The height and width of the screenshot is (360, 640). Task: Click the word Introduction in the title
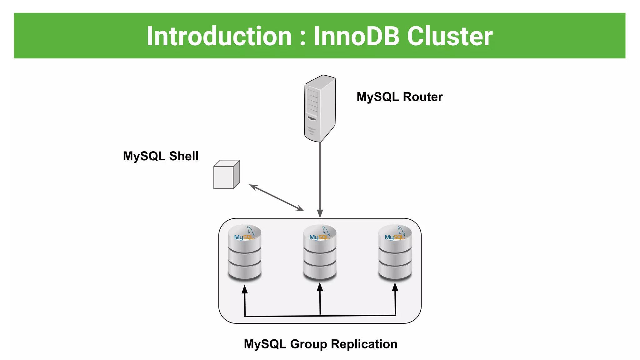point(219,36)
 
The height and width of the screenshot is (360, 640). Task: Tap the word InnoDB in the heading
point(357,36)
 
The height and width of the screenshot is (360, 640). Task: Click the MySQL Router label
point(399,97)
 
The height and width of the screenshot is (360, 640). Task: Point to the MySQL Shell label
point(161,156)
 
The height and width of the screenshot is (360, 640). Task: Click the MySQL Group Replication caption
point(320,344)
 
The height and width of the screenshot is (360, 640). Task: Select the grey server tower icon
point(320,108)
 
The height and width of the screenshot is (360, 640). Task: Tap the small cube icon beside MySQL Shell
point(226,175)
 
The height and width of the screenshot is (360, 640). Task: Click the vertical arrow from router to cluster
point(320,178)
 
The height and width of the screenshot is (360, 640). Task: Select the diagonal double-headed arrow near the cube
point(277,197)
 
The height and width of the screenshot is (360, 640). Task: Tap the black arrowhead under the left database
point(245,289)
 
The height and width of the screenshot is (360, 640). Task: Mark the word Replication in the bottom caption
point(364,344)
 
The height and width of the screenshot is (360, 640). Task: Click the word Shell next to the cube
point(184,156)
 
